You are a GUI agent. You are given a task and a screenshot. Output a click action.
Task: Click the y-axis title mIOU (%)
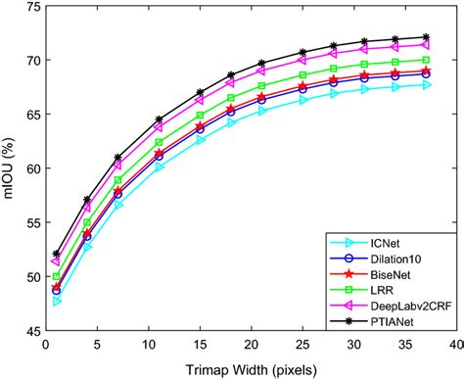point(12,169)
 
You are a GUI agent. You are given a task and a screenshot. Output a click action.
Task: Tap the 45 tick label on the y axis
point(31,331)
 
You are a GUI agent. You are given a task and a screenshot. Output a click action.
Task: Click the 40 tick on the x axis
point(455,345)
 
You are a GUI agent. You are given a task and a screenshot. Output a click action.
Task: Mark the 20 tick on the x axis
point(251,345)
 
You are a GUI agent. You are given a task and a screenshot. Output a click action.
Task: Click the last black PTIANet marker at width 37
point(425,37)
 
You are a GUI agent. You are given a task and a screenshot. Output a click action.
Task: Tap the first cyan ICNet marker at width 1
point(57,301)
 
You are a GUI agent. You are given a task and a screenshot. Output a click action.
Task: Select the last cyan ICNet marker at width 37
point(425,85)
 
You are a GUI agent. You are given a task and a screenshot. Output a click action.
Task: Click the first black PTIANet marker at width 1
point(57,254)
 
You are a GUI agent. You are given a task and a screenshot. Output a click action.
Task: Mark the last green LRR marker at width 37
point(425,60)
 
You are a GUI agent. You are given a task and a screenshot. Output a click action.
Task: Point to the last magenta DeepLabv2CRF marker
point(425,45)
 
